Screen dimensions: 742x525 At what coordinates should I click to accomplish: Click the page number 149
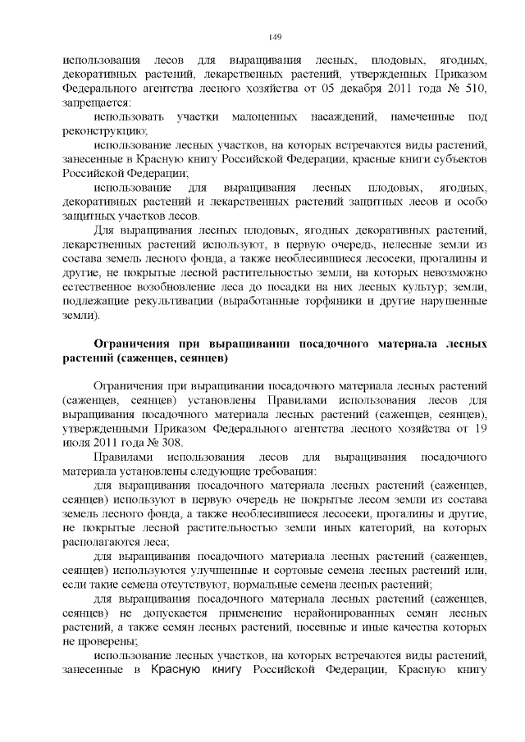click(x=276, y=37)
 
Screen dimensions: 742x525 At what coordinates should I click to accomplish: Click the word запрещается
click(x=95, y=103)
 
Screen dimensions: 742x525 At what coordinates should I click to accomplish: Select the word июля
click(x=76, y=441)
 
